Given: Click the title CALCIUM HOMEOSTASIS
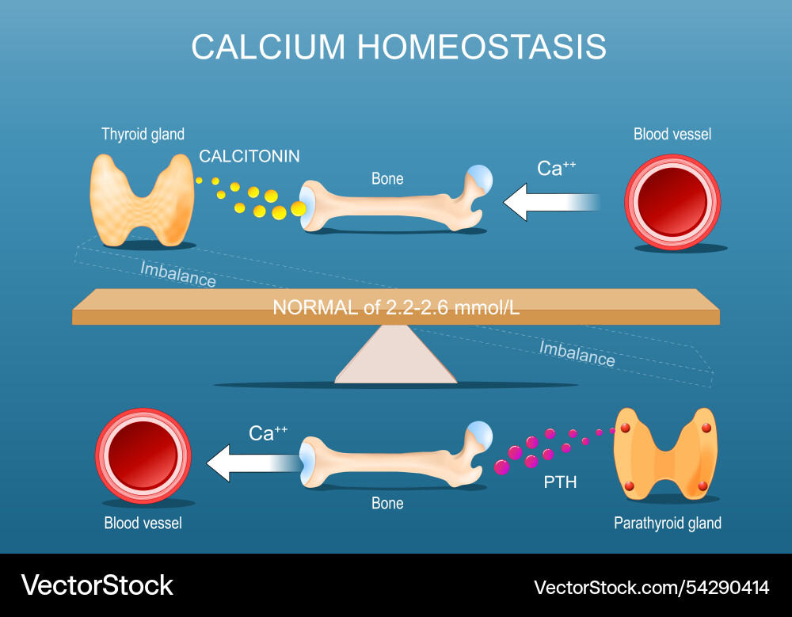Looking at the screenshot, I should tap(398, 47).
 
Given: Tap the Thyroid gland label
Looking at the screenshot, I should tap(143, 134).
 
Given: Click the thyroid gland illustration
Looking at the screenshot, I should tap(143, 199).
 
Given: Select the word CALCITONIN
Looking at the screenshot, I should tap(249, 157).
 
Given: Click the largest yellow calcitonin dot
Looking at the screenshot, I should tap(298, 208).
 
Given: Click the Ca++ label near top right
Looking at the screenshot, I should tap(557, 168).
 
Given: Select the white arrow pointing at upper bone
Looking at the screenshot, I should tap(546, 201).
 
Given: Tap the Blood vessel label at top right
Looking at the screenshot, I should tap(672, 134).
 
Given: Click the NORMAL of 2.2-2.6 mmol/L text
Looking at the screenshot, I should tap(396, 308).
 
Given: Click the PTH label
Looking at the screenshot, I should tap(560, 481).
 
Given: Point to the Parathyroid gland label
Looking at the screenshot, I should tap(668, 523).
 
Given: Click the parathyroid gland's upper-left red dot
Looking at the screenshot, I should tap(625, 428).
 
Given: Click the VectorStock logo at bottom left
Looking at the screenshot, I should tap(97, 585).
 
